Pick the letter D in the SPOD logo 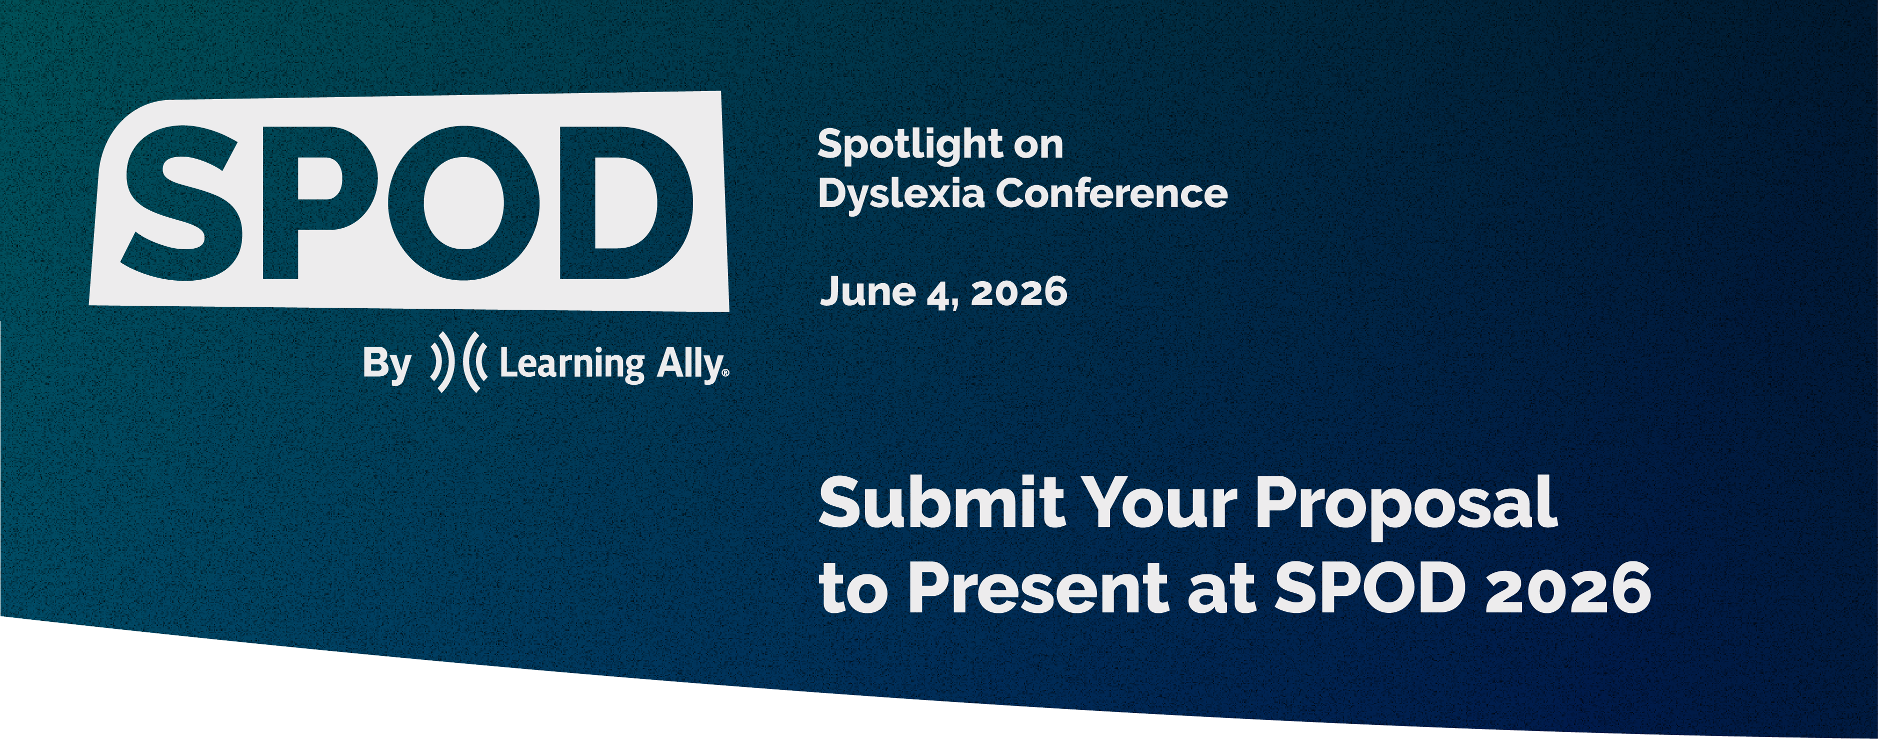click(625, 203)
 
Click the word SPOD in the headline click(1370, 588)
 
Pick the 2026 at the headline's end click(1568, 588)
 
